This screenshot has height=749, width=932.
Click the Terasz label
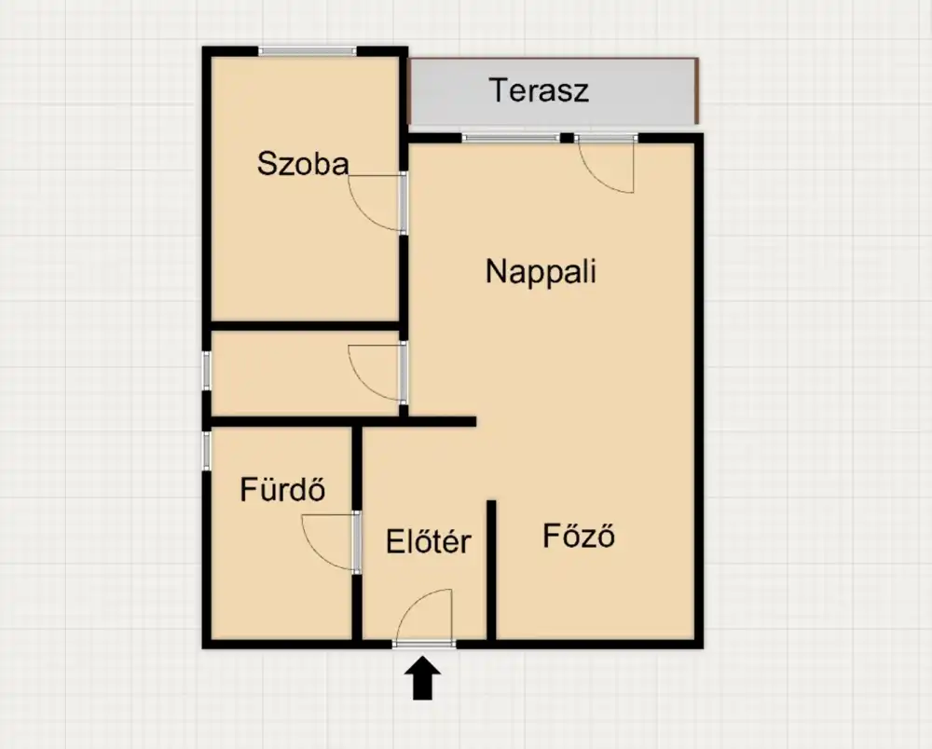click(539, 90)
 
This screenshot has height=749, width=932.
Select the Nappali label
click(541, 272)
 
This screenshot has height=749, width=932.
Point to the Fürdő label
click(282, 489)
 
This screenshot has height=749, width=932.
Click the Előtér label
click(428, 541)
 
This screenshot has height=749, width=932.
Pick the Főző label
click(579, 535)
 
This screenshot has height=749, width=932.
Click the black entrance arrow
click(422, 677)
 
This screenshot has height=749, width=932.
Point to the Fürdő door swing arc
click(316, 554)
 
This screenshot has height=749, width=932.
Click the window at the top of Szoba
click(308, 51)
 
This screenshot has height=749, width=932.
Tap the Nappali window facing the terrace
click(511, 138)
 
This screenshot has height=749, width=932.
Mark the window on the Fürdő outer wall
click(206, 449)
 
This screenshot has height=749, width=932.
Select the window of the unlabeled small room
click(206, 371)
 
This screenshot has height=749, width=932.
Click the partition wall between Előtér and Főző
click(491, 570)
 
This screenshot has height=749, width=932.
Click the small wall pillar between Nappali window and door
click(567, 138)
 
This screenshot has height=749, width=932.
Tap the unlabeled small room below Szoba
click(306, 373)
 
